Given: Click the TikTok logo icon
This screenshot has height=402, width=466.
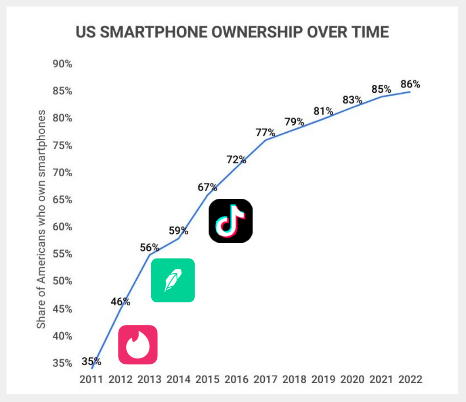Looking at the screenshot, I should click(230, 221).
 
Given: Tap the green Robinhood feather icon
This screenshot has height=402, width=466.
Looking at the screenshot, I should click(172, 280).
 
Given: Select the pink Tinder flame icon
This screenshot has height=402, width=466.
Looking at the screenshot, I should click(138, 344).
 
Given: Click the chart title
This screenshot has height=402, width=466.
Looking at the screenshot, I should click(232, 33).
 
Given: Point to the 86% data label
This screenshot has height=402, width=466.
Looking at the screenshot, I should click(410, 84).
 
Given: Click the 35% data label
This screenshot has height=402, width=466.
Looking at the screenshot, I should click(91, 361).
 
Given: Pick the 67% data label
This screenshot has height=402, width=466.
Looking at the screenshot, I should click(207, 187).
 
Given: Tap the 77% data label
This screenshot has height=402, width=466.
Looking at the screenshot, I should click(265, 132).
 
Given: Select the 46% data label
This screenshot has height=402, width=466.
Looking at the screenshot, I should click(120, 301).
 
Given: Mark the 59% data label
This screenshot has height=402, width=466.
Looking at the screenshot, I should click(178, 230).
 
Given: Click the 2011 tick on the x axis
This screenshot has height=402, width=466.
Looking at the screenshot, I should click(91, 379).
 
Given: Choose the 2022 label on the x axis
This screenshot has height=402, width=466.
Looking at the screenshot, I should click(410, 379).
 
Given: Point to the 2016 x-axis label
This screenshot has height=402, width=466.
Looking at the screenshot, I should click(236, 379).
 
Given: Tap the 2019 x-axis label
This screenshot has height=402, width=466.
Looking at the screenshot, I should click(323, 379).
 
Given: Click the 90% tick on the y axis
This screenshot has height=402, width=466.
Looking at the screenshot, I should click(63, 64).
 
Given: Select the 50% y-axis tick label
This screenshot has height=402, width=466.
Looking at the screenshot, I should click(63, 281).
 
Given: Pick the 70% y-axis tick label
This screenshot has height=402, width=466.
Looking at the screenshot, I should click(63, 173).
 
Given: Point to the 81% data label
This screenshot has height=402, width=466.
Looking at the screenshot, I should click(323, 111).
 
